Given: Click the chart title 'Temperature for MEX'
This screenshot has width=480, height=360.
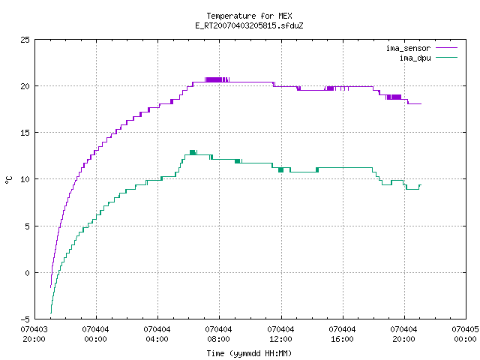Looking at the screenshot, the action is [x=249, y=16].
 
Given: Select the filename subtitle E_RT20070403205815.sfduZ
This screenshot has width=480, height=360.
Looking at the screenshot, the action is [x=249, y=25].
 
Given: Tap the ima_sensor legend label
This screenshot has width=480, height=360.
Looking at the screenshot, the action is [x=408, y=48].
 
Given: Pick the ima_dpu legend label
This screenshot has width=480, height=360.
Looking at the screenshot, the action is [x=415, y=58].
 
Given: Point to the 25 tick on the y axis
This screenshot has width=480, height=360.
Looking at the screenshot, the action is [x=25, y=40].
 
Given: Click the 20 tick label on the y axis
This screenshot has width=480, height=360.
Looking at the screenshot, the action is [x=25, y=86].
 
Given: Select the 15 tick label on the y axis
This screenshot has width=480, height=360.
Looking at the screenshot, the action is [x=25, y=133].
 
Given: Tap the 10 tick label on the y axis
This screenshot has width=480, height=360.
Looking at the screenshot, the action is [x=25, y=179].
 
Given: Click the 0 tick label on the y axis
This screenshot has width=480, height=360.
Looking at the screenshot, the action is [x=27, y=273].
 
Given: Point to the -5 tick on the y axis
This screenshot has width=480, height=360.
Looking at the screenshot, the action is [x=25, y=319].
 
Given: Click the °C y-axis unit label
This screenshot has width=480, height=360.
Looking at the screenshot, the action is [x=8, y=180].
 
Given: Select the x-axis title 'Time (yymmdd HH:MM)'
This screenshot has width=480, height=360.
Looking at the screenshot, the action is [x=249, y=353].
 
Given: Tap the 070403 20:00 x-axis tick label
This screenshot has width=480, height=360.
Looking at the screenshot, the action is [x=34, y=334].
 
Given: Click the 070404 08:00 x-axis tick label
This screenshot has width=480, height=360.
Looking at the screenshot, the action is [x=218, y=334].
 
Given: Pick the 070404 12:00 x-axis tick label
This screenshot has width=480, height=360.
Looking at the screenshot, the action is [x=280, y=334].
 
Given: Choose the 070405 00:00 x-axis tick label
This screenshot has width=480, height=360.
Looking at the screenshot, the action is [x=465, y=334].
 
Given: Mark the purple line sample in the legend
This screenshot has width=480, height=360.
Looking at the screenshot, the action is [x=447, y=48].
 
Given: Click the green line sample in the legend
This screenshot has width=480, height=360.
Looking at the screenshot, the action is [x=447, y=58].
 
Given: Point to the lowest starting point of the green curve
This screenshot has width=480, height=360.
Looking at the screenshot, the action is [x=51, y=313].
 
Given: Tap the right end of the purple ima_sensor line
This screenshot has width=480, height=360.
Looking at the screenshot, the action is [x=421, y=104].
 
